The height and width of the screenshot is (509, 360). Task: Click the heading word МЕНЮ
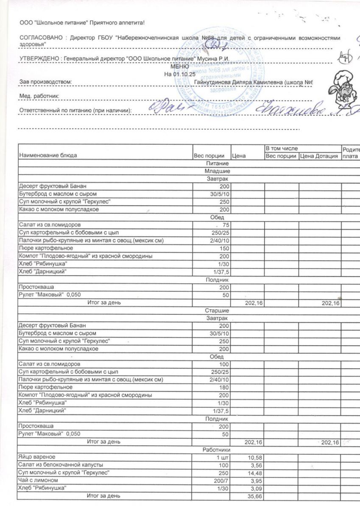179,67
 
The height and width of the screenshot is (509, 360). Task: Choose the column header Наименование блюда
48,156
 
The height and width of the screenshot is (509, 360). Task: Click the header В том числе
282,148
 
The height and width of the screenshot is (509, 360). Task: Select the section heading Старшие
217,310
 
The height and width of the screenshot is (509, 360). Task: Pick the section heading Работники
217,449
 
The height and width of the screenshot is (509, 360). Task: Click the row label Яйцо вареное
37,457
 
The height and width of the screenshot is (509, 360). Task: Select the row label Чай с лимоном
38,480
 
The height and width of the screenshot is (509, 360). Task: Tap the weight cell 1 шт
223,457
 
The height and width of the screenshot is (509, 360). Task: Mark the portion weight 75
225,225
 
